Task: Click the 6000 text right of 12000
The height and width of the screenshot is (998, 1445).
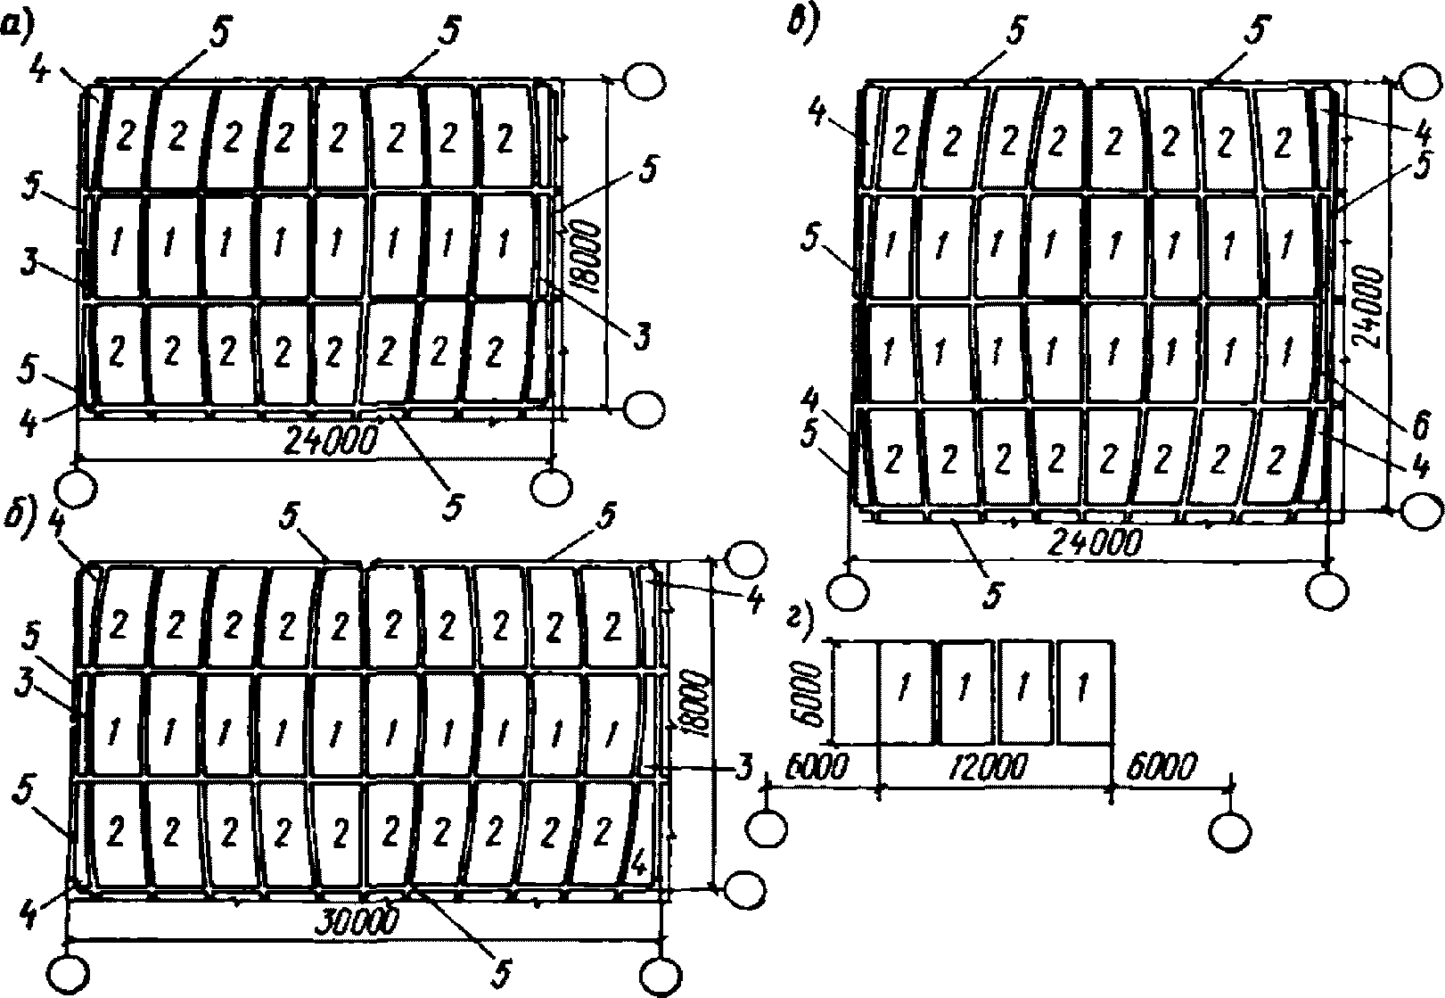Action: (1162, 766)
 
